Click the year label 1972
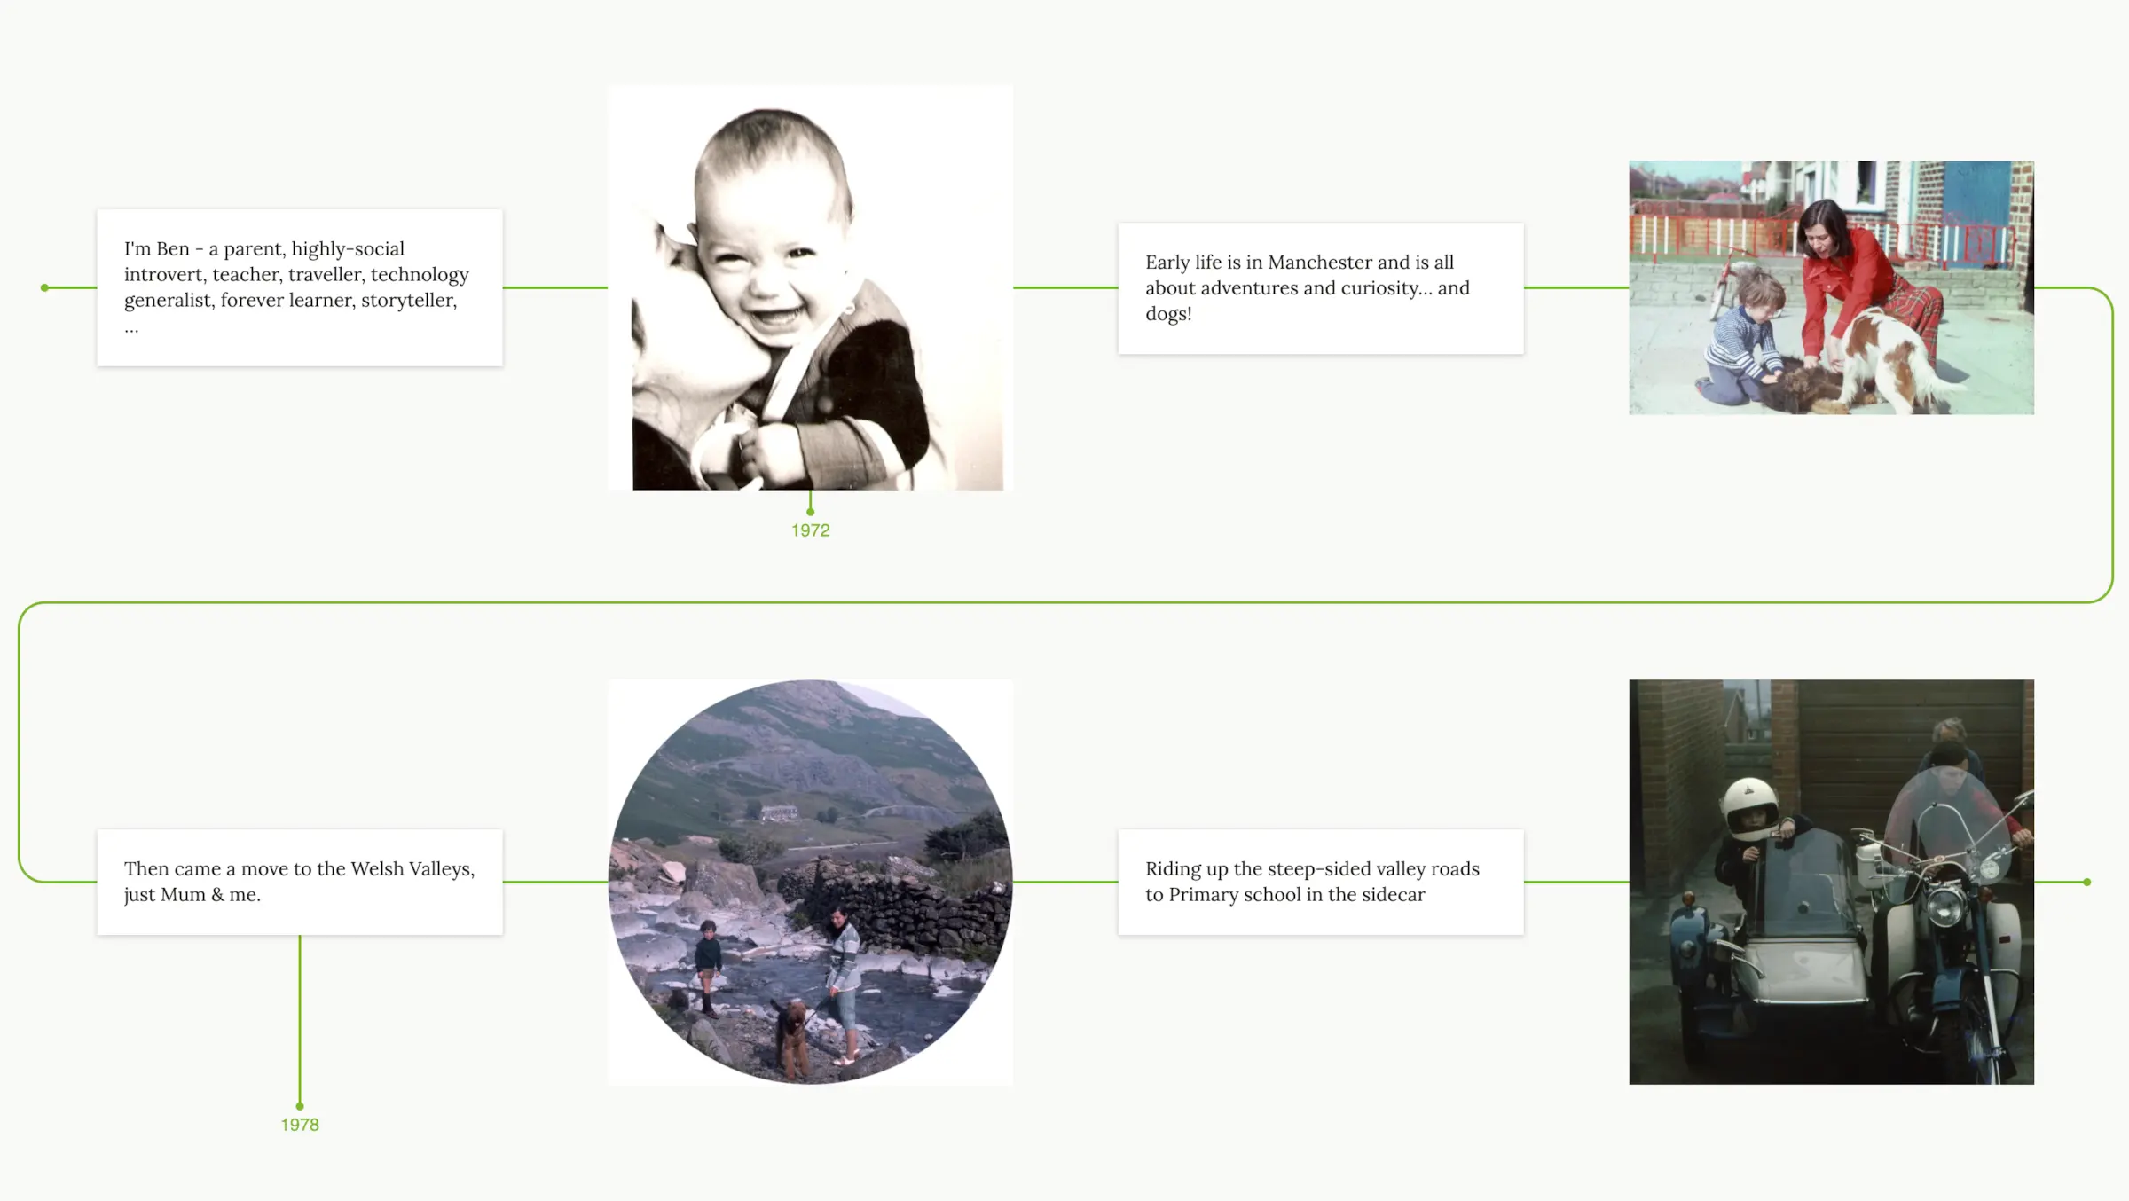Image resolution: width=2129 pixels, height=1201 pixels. tap(811, 530)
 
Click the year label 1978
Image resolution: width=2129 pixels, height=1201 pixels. tap(300, 1125)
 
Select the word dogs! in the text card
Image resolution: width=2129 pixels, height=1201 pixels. tap(1168, 315)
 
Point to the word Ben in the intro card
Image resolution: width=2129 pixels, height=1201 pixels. tap(173, 249)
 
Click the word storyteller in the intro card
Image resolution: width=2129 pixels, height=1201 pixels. tap(409, 301)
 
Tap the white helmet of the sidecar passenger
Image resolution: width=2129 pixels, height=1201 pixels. tap(1748, 808)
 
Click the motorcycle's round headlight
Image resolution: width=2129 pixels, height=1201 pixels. tap(1944, 904)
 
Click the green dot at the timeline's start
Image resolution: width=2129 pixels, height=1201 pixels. tap(44, 287)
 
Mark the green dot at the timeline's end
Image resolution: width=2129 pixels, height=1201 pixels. tap(2087, 882)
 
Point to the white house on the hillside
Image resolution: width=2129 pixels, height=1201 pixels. tap(778, 811)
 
